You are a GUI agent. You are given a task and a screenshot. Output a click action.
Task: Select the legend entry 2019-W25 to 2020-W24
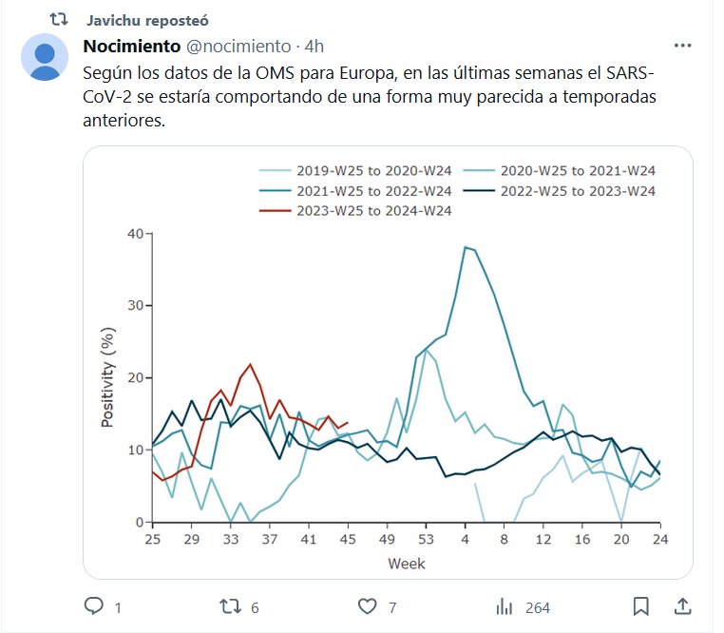pos(357,171)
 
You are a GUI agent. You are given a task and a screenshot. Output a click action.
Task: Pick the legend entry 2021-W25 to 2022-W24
pos(357,191)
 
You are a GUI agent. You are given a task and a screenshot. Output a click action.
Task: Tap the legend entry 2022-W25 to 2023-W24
pos(560,191)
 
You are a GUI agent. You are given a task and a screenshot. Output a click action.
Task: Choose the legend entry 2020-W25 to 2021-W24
pos(560,171)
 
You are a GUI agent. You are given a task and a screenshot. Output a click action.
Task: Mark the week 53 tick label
pos(426,540)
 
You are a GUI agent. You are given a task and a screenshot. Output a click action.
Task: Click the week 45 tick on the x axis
pos(348,540)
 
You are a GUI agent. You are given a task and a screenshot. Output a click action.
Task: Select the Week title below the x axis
pos(406,564)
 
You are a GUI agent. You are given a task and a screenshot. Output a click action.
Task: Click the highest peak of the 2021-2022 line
pos(466,247)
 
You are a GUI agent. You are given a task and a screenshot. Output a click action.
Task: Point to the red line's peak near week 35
pos(250,364)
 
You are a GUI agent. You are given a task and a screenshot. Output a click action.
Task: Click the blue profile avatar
pos(45,56)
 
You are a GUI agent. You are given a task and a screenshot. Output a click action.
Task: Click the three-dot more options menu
pos(682,46)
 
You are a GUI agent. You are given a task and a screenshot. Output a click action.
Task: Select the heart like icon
pos(368,606)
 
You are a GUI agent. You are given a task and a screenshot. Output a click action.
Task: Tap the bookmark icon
pos(641,606)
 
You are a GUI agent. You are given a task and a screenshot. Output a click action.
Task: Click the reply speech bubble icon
pos(94,606)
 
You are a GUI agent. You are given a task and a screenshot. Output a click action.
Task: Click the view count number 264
pos(537,607)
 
